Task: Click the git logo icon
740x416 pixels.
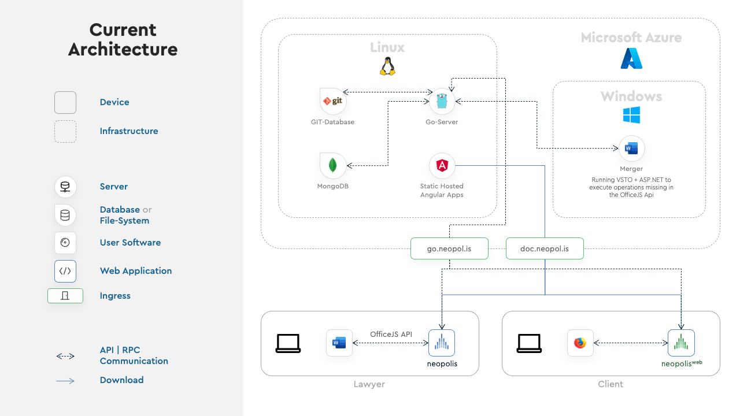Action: [x=333, y=101]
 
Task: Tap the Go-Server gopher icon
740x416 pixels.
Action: [x=442, y=101]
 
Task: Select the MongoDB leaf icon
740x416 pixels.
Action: [x=333, y=165]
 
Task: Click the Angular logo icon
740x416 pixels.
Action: [x=442, y=165]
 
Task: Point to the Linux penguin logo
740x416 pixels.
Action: [x=387, y=66]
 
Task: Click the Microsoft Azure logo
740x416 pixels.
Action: [x=631, y=58]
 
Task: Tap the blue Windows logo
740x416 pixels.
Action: [x=631, y=114]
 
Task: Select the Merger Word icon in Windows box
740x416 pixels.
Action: [x=631, y=148]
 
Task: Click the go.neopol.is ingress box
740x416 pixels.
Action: [x=449, y=248]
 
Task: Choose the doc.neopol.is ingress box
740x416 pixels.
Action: [x=545, y=248]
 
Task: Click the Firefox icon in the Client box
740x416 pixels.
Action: [x=580, y=343]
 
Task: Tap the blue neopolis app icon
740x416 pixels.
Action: [x=442, y=343]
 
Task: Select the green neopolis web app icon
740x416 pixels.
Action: [x=681, y=343]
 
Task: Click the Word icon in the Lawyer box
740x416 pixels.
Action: [x=339, y=343]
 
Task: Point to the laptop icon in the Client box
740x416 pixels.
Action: [x=529, y=343]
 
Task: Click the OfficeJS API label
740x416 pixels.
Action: [x=391, y=334]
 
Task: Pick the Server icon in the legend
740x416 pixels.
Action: [x=65, y=187]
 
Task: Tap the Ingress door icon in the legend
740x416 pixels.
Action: [x=65, y=295]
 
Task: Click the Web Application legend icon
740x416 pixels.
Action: [x=65, y=271]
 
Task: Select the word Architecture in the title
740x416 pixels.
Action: [x=123, y=50]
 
